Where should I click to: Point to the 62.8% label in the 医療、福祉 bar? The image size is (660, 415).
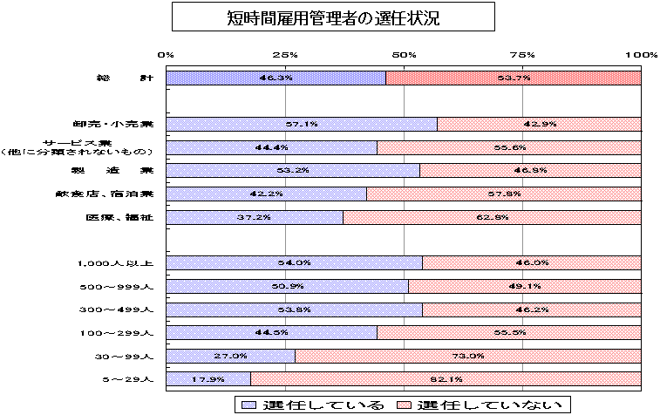[493, 217]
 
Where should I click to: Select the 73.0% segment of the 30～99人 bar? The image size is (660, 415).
[468, 356]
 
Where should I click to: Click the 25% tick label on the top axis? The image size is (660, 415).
[285, 55]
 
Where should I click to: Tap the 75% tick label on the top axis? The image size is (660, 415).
[523, 55]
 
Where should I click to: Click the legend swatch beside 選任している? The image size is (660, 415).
[248, 405]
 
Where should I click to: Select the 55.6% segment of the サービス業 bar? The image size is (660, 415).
[509, 147]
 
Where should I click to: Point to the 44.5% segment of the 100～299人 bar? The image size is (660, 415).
[271, 332]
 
